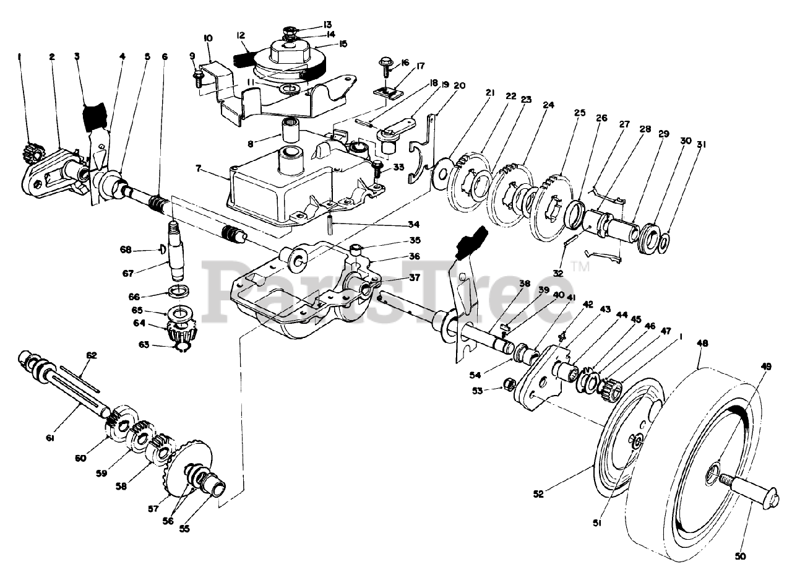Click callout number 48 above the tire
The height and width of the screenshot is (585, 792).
pyautogui.click(x=702, y=344)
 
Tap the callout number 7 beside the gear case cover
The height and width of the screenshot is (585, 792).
pyautogui.click(x=199, y=167)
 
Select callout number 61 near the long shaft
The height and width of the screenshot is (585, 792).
pyautogui.click(x=49, y=438)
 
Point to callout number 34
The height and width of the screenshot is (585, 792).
pyautogui.click(x=414, y=225)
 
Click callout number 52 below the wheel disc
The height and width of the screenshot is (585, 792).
pyautogui.click(x=538, y=494)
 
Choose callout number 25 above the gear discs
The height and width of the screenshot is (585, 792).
pyautogui.click(x=580, y=113)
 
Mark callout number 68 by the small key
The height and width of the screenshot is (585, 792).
pyautogui.click(x=126, y=249)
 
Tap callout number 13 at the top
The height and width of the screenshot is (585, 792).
pyautogui.click(x=327, y=24)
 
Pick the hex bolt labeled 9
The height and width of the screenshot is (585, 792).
pyautogui.click(x=198, y=79)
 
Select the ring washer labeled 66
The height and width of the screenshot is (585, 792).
pyautogui.click(x=178, y=290)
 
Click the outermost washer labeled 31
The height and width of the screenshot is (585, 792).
pyautogui.click(x=664, y=243)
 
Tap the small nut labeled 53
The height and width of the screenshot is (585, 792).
pyautogui.click(x=509, y=384)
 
